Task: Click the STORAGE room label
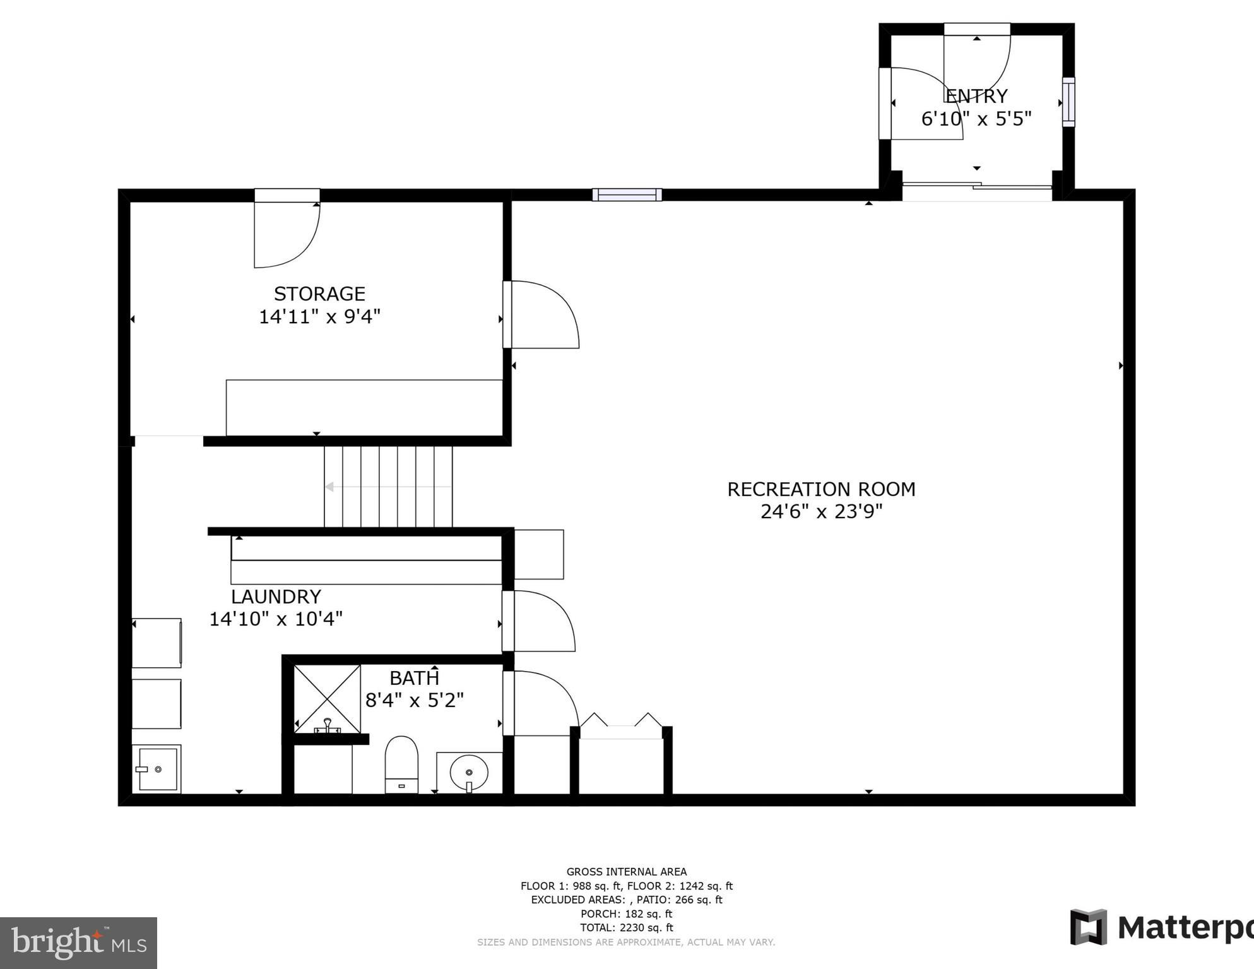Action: click(x=319, y=294)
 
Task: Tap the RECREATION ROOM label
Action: click(x=820, y=489)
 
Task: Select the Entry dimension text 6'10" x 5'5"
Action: click(x=976, y=119)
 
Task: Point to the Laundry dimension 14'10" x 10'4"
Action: click(x=276, y=619)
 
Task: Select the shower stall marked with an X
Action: click(x=327, y=698)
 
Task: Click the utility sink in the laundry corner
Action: click(x=157, y=769)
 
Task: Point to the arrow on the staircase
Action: click(x=330, y=487)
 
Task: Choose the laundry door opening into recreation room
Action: click(x=540, y=621)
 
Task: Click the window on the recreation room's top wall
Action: click(x=627, y=195)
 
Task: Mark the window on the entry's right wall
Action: click(x=1068, y=102)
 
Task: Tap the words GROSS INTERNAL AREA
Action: click(x=626, y=872)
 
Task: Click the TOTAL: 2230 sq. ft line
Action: click(x=626, y=927)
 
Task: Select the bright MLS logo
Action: click(x=78, y=943)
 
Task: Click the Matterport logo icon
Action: click(x=1088, y=927)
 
